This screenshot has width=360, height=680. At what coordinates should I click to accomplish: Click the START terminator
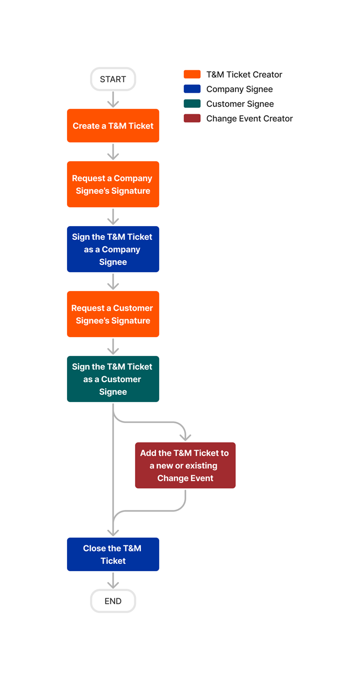pyautogui.click(x=113, y=80)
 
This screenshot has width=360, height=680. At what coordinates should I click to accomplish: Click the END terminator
pyautogui.click(x=113, y=601)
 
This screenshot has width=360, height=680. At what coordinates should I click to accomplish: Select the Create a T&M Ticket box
pyautogui.click(x=113, y=126)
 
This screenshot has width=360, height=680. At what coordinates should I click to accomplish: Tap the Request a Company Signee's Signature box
pyautogui.click(x=113, y=184)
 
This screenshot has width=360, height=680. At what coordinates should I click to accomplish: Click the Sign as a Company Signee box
pyautogui.click(x=113, y=249)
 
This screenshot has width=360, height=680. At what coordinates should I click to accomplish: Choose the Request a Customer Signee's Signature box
pyautogui.click(x=113, y=314)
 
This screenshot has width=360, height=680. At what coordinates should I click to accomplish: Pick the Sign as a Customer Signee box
pyautogui.click(x=113, y=379)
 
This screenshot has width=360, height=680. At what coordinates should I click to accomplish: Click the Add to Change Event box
pyautogui.click(x=185, y=465)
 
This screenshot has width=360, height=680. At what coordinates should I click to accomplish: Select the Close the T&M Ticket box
pyautogui.click(x=113, y=554)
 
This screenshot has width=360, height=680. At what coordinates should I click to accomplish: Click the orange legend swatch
pyautogui.click(x=192, y=74)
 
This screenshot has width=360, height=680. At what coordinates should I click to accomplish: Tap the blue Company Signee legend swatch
pyautogui.click(x=192, y=89)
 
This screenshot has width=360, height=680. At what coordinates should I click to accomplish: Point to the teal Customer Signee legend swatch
pyautogui.click(x=192, y=104)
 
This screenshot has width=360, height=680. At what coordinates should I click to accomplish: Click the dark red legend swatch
pyautogui.click(x=192, y=118)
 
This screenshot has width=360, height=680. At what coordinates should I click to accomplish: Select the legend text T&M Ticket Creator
pyautogui.click(x=244, y=74)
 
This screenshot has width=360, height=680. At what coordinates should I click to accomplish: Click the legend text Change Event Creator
pyautogui.click(x=250, y=118)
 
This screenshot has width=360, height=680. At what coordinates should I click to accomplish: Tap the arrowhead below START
pyautogui.click(x=113, y=104)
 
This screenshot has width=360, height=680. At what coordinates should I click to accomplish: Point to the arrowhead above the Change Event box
pyautogui.click(x=185, y=437)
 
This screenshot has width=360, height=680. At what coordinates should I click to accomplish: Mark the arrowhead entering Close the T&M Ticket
pyautogui.click(x=113, y=532)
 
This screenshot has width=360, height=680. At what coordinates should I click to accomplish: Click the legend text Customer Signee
pyautogui.click(x=240, y=104)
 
